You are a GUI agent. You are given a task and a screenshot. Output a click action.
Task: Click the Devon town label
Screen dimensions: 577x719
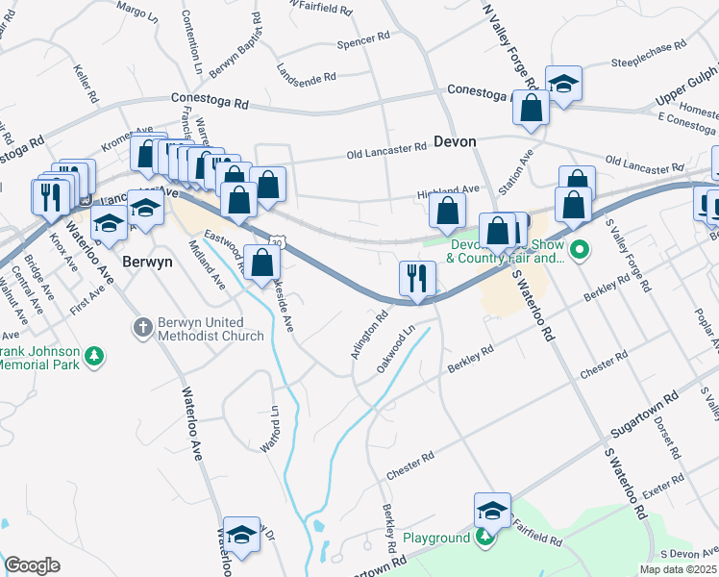coord(455,141)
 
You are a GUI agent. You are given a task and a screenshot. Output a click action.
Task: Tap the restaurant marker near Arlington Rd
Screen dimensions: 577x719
coord(417,279)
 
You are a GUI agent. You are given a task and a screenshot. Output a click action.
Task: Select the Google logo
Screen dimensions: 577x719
coord(32,565)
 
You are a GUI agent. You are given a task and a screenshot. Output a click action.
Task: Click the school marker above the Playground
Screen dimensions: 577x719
coord(492,511)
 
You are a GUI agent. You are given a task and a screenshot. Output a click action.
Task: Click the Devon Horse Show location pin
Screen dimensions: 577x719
coord(578,252)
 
